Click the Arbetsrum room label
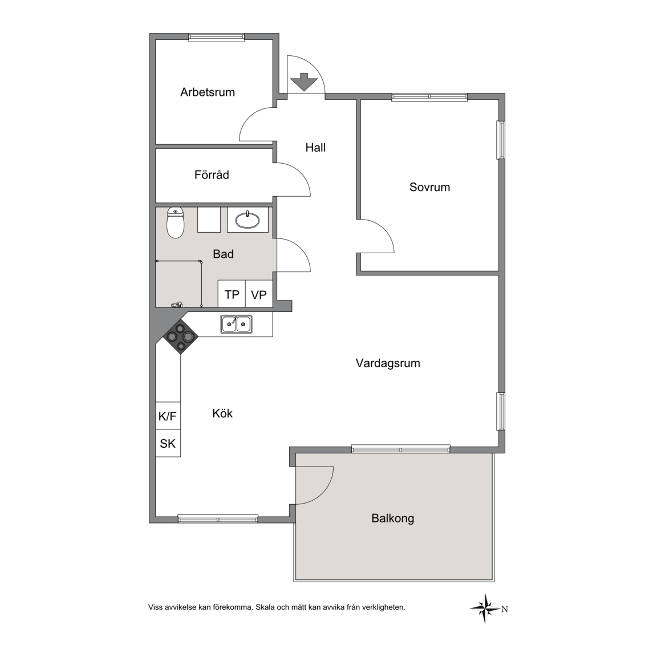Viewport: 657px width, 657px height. [x=208, y=92]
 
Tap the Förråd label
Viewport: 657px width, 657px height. [x=212, y=175]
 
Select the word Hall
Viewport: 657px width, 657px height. [x=315, y=148]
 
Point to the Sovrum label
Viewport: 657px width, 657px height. [x=429, y=187]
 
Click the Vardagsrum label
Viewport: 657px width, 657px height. [x=388, y=363]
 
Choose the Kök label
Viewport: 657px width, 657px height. [x=222, y=413]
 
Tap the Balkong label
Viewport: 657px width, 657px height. [x=392, y=518]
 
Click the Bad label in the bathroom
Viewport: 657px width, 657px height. [x=223, y=254]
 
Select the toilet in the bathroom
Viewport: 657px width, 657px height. [x=175, y=222]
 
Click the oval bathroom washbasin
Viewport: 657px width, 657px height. [x=248, y=220]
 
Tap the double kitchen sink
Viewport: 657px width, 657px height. [x=237, y=325]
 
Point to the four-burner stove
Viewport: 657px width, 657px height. [x=181, y=336]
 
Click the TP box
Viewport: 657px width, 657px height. [x=232, y=294]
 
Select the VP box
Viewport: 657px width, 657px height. [x=259, y=294]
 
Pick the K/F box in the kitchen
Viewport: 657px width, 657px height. [x=168, y=416]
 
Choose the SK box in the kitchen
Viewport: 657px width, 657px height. [x=168, y=443]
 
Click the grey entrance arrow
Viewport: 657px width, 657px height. [x=304, y=82]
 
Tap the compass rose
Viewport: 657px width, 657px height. [x=485, y=608]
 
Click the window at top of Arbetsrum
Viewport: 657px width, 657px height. [x=216, y=38]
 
